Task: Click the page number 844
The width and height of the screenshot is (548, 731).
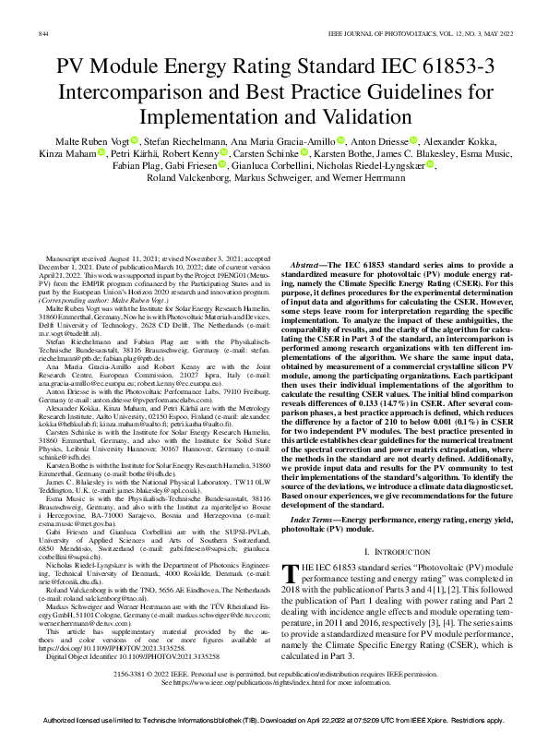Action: point(42,33)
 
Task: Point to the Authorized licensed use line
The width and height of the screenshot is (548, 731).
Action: point(274,718)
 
